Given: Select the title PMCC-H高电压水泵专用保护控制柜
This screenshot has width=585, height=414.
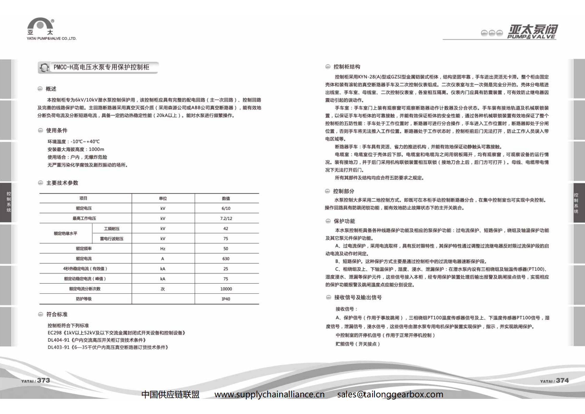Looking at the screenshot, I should click(x=101, y=67).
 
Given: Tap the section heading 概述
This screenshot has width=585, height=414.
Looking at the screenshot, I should click(x=51, y=89).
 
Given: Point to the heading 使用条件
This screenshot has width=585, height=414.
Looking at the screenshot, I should click(x=57, y=130).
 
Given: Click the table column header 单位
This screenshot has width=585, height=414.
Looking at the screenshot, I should click(x=163, y=199).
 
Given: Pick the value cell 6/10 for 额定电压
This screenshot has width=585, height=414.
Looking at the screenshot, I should click(x=226, y=208).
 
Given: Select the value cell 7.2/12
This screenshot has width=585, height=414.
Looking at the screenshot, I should click(x=226, y=219).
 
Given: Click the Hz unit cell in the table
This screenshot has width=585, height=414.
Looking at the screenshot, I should click(x=163, y=249).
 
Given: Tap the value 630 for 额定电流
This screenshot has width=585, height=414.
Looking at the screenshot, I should click(x=226, y=259).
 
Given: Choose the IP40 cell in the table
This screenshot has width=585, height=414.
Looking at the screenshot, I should click(x=226, y=299).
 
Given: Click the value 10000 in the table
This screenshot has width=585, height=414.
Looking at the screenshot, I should click(x=226, y=289).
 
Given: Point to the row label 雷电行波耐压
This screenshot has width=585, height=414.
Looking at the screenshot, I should click(x=112, y=239).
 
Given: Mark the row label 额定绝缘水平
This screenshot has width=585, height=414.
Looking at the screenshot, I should click(x=66, y=233).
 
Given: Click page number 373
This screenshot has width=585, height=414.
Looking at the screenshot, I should click(x=43, y=380).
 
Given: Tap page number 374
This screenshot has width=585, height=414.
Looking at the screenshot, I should click(x=562, y=381).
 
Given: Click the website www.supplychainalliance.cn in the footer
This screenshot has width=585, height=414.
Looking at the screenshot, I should click(x=269, y=394).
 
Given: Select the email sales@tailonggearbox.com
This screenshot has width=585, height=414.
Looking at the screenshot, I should click(x=390, y=394).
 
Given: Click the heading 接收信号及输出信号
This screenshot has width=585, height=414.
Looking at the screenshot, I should click(x=358, y=298).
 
